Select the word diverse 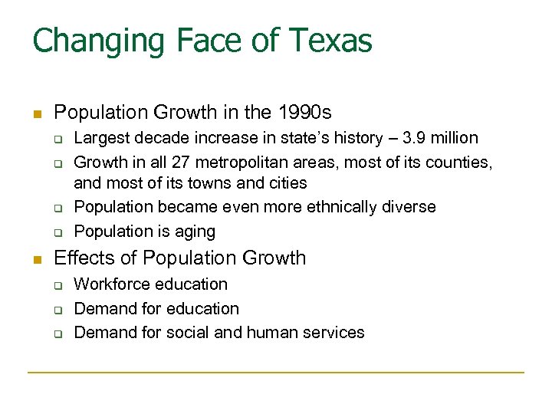pos(408,207)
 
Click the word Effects pos(84,258)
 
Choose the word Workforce pos(113,284)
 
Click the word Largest pos(102,138)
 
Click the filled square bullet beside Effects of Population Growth pos(35,258)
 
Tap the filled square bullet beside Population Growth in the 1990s pos(35,113)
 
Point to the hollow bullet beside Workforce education pos(57,285)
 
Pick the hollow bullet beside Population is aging pos(57,232)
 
